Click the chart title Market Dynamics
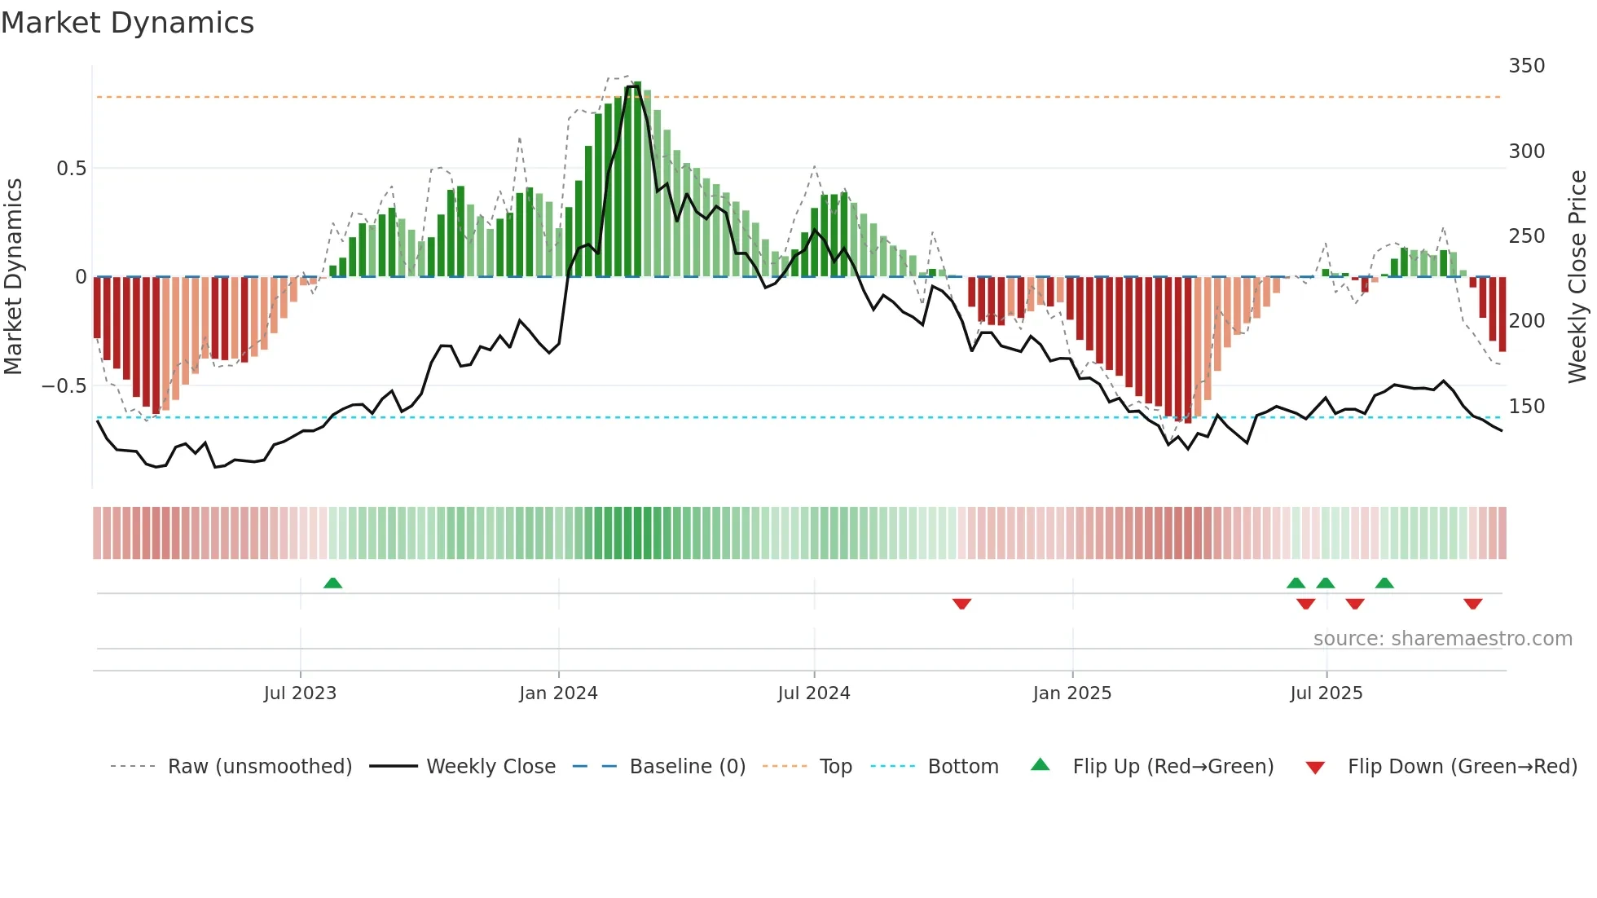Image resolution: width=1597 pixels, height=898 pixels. (x=127, y=23)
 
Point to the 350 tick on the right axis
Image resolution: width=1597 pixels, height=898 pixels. (x=1526, y=66)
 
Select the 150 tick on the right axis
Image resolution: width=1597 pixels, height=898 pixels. (x=1526, y=406)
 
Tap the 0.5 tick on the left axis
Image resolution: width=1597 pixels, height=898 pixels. (x=71, y=169)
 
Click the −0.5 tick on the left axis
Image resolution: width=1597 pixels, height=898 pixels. (x=64, y=386)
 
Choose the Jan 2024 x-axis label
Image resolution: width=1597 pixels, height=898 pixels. (x=558, y=693)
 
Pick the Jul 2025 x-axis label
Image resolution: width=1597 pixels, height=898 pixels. (x=1326, y=693)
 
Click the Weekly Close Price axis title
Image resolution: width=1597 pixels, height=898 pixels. (x=1577, y=277)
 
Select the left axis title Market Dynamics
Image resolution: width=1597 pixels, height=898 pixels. (x=13, y=277)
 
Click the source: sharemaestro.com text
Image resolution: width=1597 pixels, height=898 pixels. (x=1442, y=639)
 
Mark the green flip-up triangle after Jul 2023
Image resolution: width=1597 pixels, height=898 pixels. (x=332, y=583)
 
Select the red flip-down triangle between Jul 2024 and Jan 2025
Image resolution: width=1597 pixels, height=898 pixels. (x=961, y=604)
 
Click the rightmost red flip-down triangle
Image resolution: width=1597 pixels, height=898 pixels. (x=1472, y=604)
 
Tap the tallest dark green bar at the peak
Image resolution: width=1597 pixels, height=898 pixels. (x=637, y=179)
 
